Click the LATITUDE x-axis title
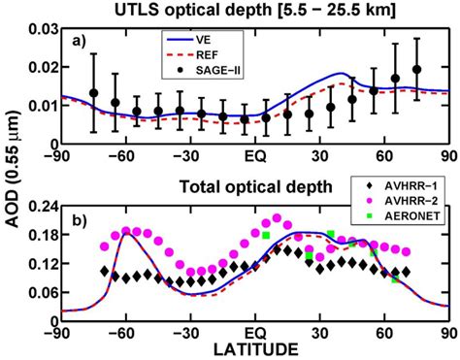click(x=254, y=347)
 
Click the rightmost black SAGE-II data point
click(x=416, y=70)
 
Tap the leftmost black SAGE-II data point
click(x=94, y=93)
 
